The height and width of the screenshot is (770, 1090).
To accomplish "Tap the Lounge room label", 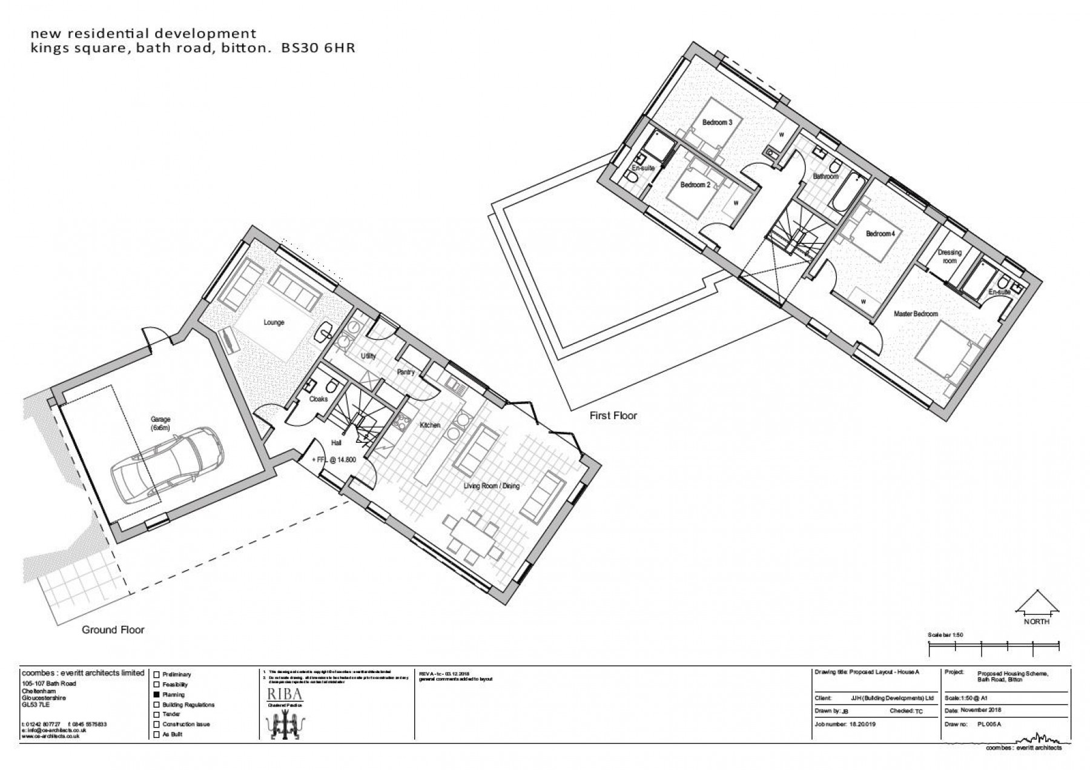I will (274, 322).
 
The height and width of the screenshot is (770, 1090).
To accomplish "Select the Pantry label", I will (405, 372).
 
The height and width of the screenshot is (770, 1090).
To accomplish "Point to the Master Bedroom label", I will (916, 314).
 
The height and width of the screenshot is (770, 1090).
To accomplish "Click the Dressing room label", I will (949, 257).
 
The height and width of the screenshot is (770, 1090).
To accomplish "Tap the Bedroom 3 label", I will (717, 122).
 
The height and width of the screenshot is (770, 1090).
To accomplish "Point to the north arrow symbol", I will (1037, 602).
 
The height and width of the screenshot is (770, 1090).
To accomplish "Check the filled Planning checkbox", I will (156, 695).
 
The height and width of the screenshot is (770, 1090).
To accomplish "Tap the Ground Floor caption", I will (113, 630).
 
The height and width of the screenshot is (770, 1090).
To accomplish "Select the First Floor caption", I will (613, 416).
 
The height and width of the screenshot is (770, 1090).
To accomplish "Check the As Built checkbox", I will (156, 735).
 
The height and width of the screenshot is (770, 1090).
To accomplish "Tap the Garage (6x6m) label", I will (161, 423).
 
